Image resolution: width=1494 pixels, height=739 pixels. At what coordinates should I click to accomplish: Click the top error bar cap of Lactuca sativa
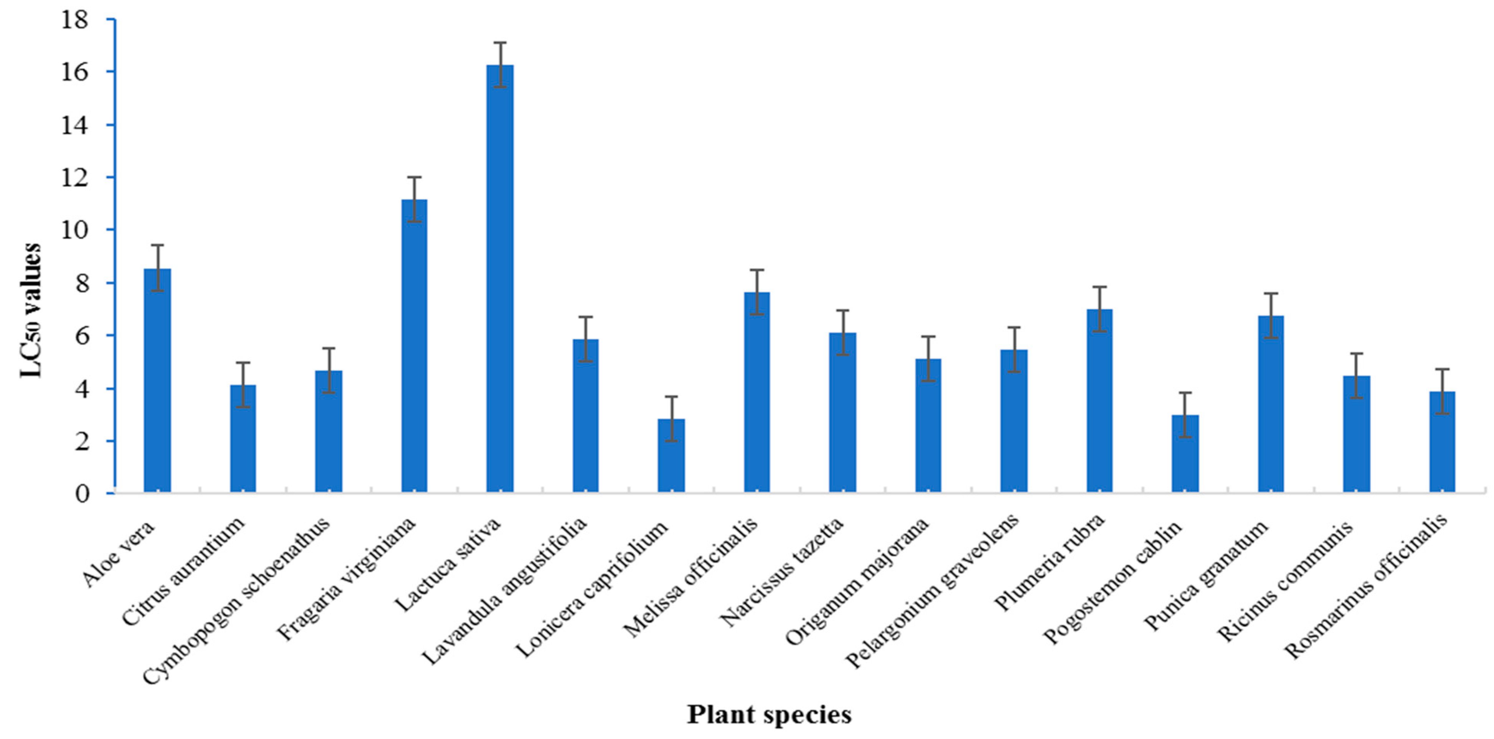500,42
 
